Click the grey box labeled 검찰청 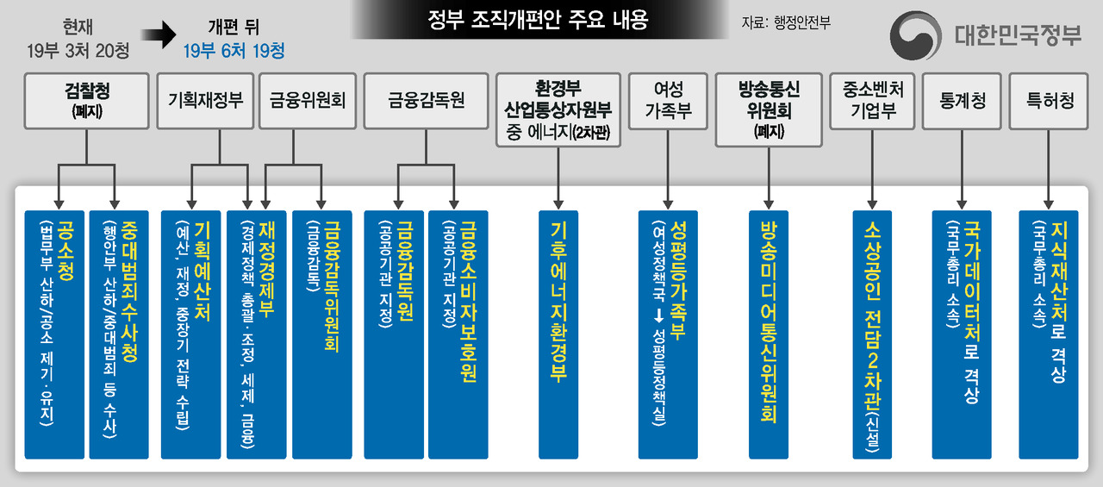pyautogui.click(x=86, y=102)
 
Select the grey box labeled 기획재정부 pyautogui.click(x=205, y=101)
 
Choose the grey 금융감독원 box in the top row pyautogui.click(x=427, y=101)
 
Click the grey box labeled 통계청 pyautogui.click(x=963, y=101)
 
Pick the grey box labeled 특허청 pyautogui.click(x=1050, y=101)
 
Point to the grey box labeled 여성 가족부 pyautogui.click(x=668, y=101)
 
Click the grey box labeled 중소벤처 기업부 pyautogui.click(x=874, y=101)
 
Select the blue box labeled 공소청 pyautogui.click(x=54, y=334)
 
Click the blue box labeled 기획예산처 pyautogui.click(x=190, y=334)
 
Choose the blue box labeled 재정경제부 pyautogui.click(x=257, y=334)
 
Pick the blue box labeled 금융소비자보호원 pyautogui.click(x=458, y=334)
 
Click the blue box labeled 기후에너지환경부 pyautogui.click(x=558, y=334)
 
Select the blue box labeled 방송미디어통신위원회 pyautogui.click(x=769, y=334)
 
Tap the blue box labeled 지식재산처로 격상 pyautogui.click(x=1049, y=334)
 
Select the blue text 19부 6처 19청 pyautogui.click(x=234, y=51)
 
